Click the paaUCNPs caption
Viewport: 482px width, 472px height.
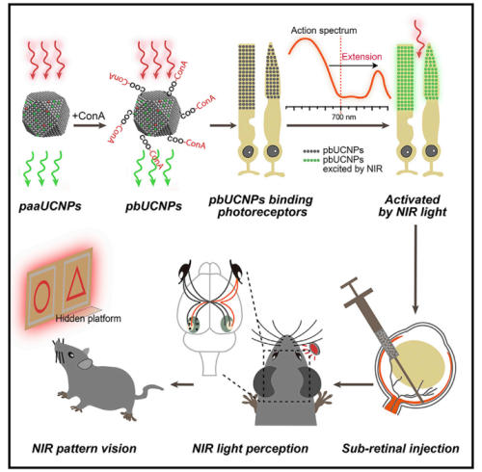[x=50, y=206]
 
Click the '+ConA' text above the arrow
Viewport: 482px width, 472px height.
[x=89, y=116]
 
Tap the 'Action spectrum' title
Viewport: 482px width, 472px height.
[x=324, y=31]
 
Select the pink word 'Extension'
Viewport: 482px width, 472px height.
[x=361, y=57]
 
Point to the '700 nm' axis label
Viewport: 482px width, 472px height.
[x=343, y=117]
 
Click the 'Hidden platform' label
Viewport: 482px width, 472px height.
[x=89, y=319]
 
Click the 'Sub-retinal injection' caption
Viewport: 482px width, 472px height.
[x=400, y=448]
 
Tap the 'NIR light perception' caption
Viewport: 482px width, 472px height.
[x=250, y=448]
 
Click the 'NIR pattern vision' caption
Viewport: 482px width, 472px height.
[x=84, y=448]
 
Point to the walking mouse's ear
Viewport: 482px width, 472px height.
[x=85, y=363]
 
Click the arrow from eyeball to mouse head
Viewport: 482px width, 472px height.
[x=354, y=384]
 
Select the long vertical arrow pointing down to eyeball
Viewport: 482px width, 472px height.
[x=415, y=269]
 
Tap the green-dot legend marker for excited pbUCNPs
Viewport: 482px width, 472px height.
[x=311, y=160]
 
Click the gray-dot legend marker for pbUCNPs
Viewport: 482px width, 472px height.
[x=311, y=150]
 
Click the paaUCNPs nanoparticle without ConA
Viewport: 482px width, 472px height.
[x=45, y=114]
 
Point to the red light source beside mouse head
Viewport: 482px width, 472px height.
[x=314, y=349]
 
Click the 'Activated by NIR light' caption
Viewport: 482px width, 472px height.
[x=413, y=206]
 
